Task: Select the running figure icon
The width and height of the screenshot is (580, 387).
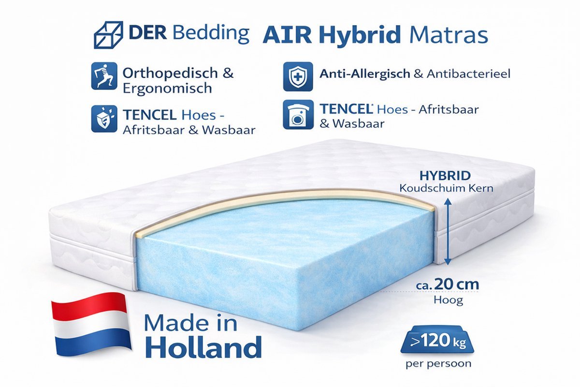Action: click(x=104, y=75)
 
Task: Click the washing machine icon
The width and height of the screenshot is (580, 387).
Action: click(x=295, y=116)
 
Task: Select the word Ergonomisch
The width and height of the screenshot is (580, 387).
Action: click(x=167, y=89)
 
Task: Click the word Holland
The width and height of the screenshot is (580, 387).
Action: click(x=203, y=347)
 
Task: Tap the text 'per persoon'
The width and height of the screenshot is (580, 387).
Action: click(x=439, y=363)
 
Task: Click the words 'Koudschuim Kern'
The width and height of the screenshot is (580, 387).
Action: click(x=447, y=188)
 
